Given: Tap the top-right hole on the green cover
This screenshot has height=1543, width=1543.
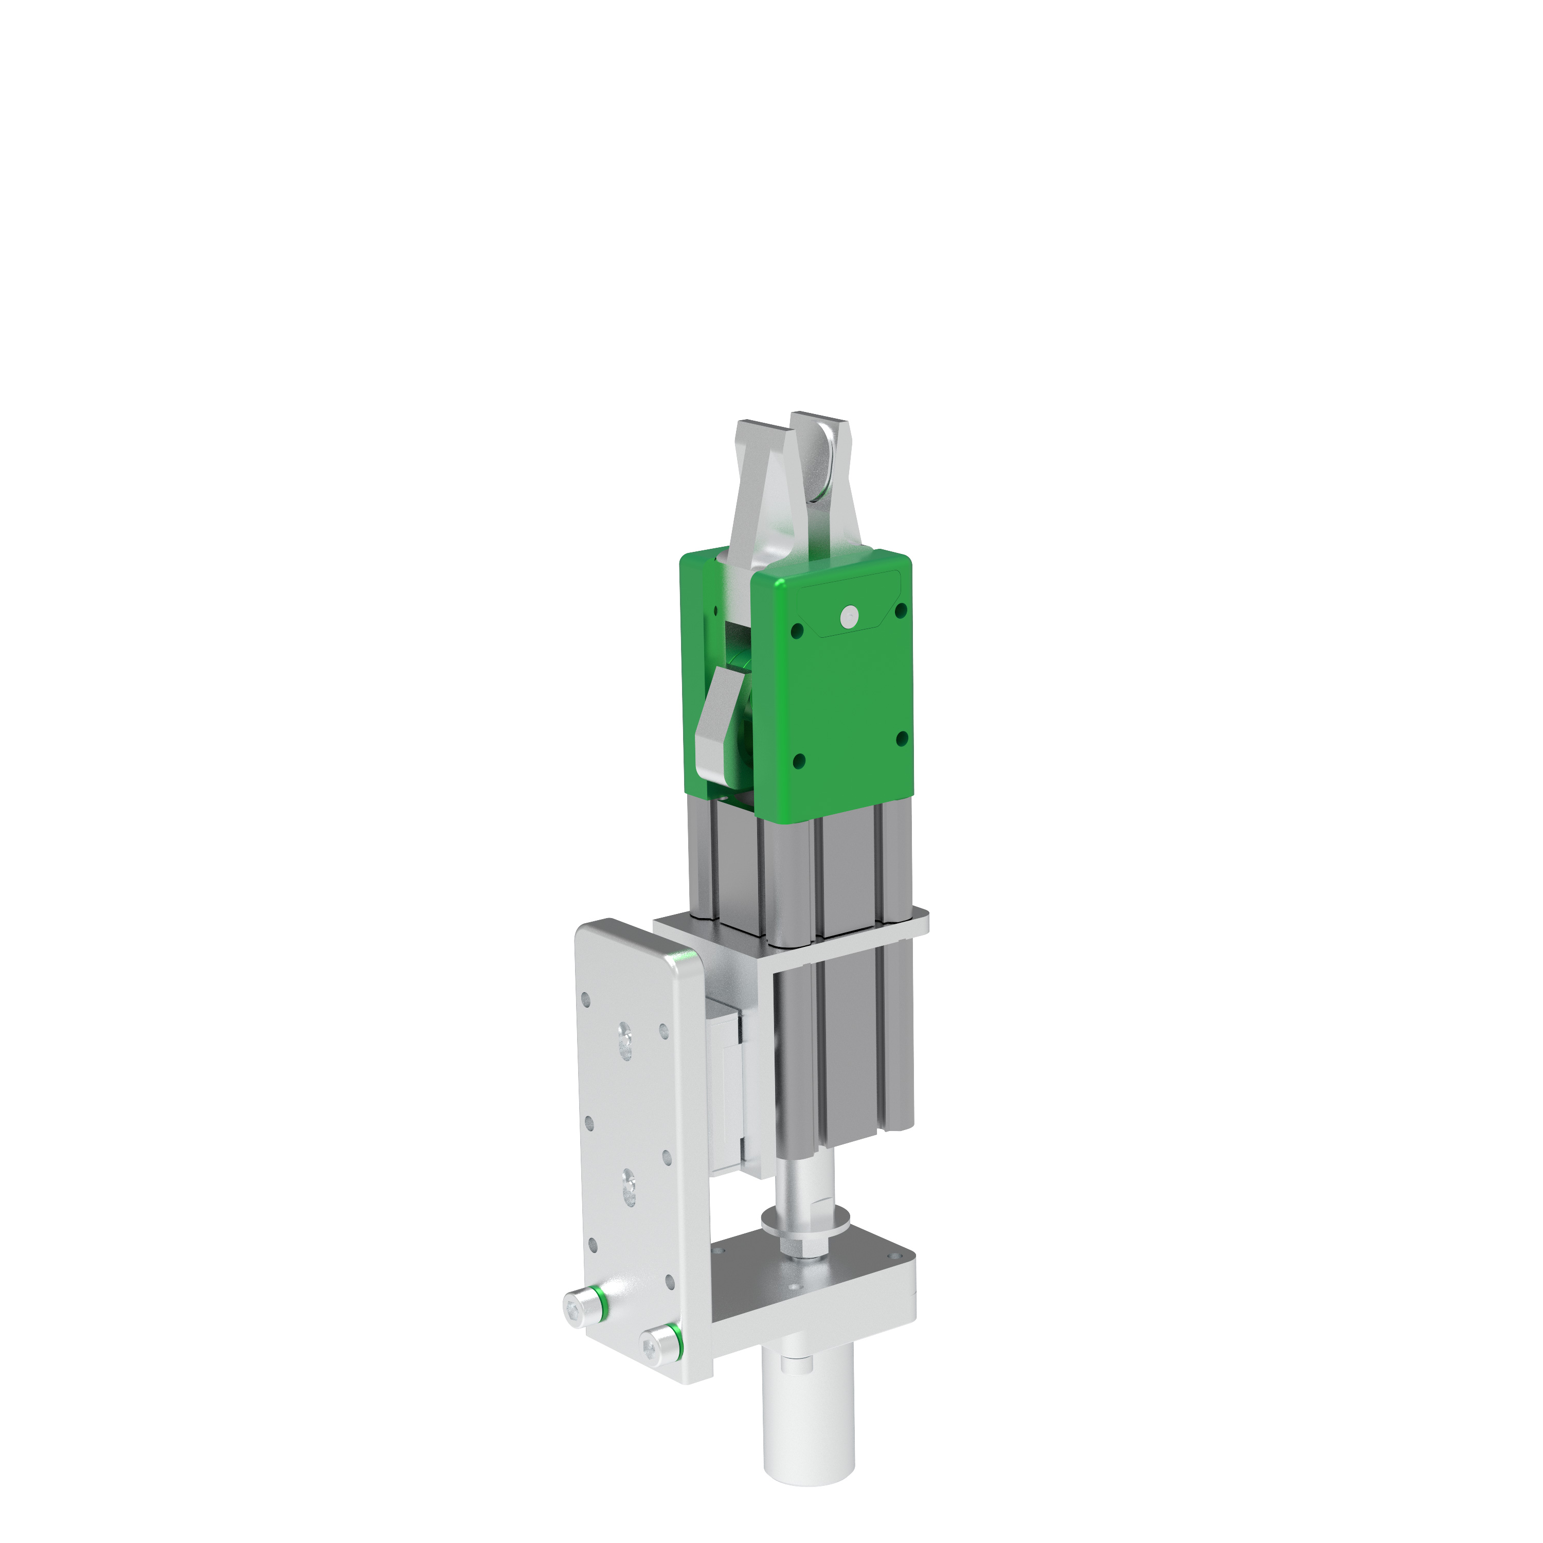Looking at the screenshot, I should pyautogui.click(x=902, y=610).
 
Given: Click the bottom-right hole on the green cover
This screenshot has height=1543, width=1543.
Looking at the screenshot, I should pyautogui.click(x=902, y=739).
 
